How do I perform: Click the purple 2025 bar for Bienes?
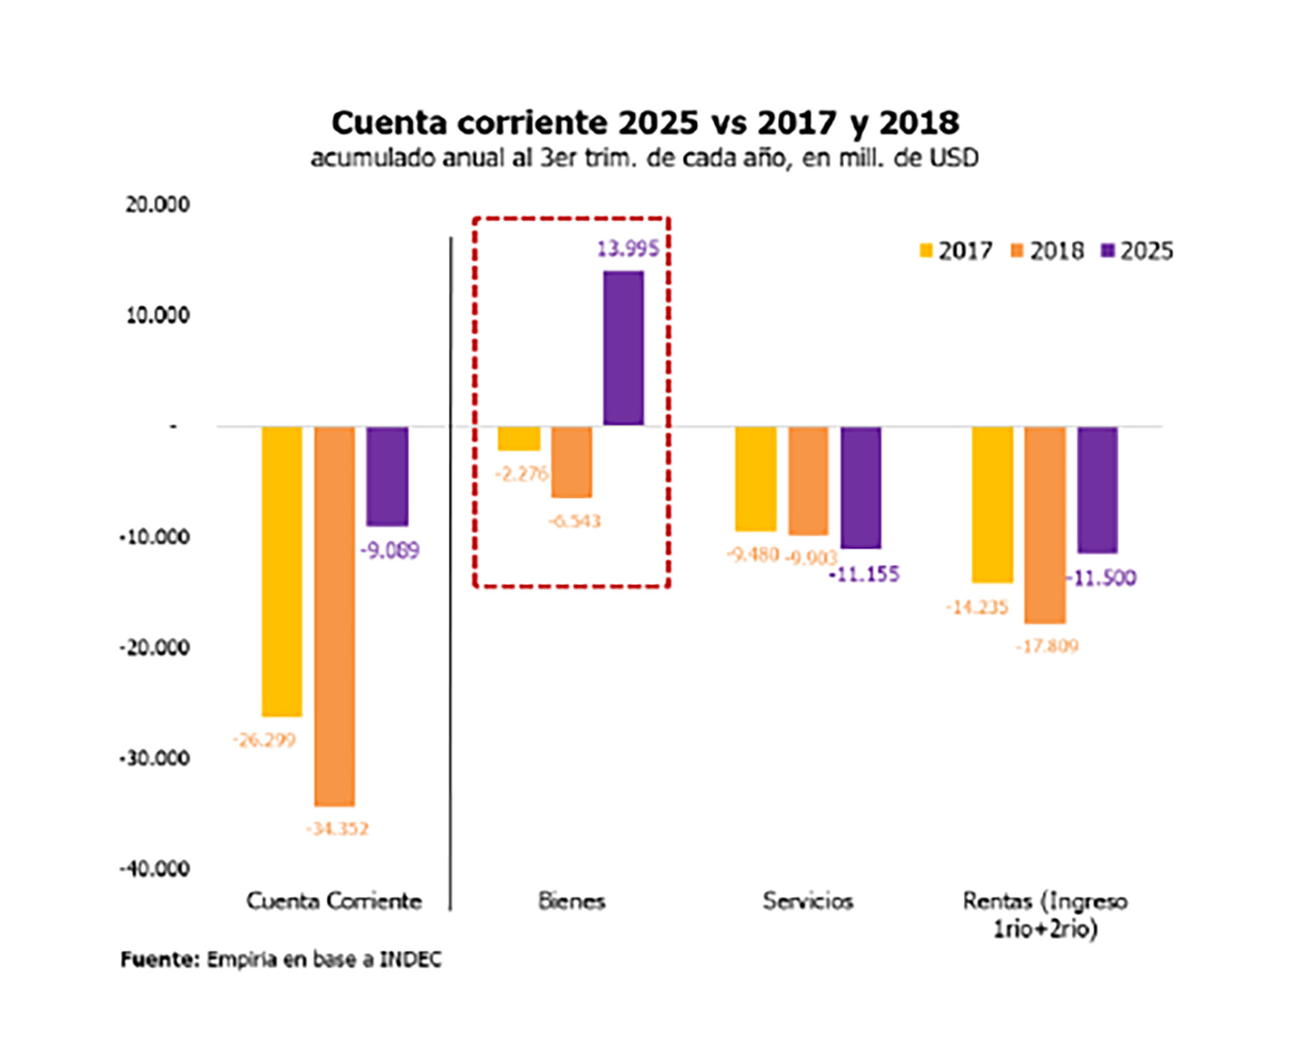(623, 348)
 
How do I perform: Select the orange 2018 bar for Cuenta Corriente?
(335, 615)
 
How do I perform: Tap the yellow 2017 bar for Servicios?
(756, 478)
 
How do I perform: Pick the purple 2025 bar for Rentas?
(1097, 490)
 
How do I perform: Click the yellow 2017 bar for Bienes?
(519, 439)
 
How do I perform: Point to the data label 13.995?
(627, 249)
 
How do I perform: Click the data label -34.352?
(337, 829)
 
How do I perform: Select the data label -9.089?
(390, 551)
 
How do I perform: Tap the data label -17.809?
(1047, 647)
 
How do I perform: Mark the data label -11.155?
(865, 575)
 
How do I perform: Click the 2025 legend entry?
(1138, 251)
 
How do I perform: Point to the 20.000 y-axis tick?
(158, 204)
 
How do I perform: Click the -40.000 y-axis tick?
(155, 868)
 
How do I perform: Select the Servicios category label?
(808, 901)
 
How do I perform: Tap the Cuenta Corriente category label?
(334, 901)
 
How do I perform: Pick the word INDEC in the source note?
(410, 960)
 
